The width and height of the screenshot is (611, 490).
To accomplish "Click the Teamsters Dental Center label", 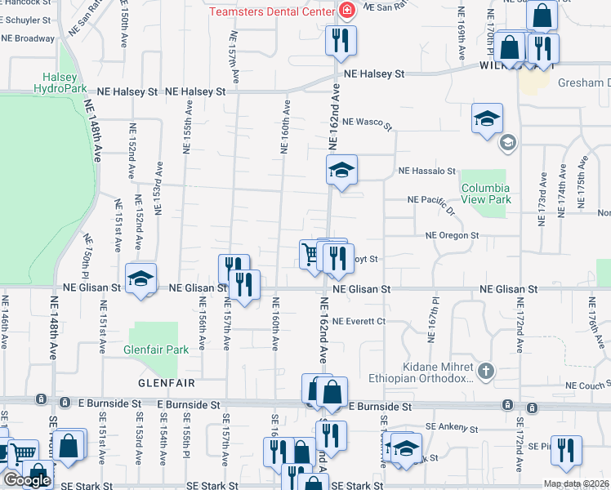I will pyautogui.click(x=271, y=11).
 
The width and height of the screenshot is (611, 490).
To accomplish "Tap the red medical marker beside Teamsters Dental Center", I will pyautogui.click(x=347, y=11).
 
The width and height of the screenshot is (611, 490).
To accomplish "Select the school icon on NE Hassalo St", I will pyautogui.click(x=342, y=169).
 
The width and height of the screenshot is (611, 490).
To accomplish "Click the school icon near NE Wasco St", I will pyautogui.click(x=486, y=118).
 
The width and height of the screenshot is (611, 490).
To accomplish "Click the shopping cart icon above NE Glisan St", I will pyautogui.click(x=310, y=253).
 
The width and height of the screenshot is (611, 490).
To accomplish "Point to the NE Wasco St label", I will pyautogui.click(x=368, y=123).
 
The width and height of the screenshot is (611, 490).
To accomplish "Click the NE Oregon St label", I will pyautogui.click(x=452, y=235).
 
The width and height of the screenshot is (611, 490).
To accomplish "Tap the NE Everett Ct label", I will pyautogui.click(x=359, y=321).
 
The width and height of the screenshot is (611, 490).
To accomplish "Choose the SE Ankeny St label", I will pyautogui.click(x=451, y=427).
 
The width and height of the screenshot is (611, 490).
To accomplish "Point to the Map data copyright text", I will pyautogui.click(x=575, y=483).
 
